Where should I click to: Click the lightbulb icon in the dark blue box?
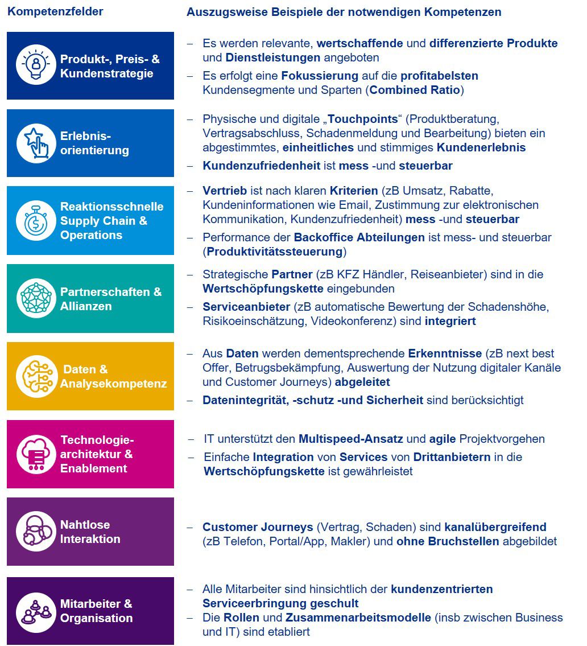pos(36,65)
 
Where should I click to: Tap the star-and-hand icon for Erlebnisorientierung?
pos(36,143)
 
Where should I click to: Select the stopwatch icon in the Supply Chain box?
pos(36,220)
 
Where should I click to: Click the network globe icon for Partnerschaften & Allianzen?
pos(36,298)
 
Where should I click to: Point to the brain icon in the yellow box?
pos(36,376)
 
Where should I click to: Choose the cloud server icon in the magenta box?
pos(36,454)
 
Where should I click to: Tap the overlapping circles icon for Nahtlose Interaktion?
pos(36,532)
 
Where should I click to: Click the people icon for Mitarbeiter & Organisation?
pos(36,611)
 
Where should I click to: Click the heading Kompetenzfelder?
pos(55,11)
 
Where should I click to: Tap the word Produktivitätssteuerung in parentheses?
pos(275,252)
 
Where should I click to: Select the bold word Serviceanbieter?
pos(246,307)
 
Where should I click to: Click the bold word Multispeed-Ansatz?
pos(351,439)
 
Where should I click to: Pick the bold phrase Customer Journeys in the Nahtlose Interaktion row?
pos(258,527)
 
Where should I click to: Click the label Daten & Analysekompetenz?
pos(113,376)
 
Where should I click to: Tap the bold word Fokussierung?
pos(320,76)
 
